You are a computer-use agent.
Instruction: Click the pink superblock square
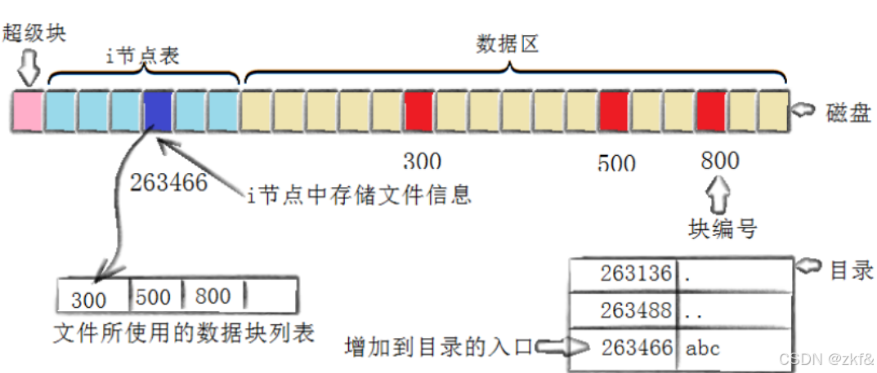coord(28,112)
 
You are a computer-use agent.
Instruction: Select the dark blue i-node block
coord(157,112)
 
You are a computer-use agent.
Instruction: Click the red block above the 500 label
coord(614,112)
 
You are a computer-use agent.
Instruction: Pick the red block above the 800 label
coord(711,112)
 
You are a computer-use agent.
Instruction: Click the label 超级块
coord(34,33)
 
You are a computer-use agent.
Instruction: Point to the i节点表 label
coord(144,56)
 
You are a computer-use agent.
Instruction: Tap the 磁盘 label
coord(848,113)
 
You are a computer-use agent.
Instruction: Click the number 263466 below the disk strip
coord(168,182)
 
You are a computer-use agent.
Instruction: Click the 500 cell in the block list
coord(153,295)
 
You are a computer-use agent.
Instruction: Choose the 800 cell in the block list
coord(213,295)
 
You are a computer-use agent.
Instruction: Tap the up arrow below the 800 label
coord(720,194)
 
